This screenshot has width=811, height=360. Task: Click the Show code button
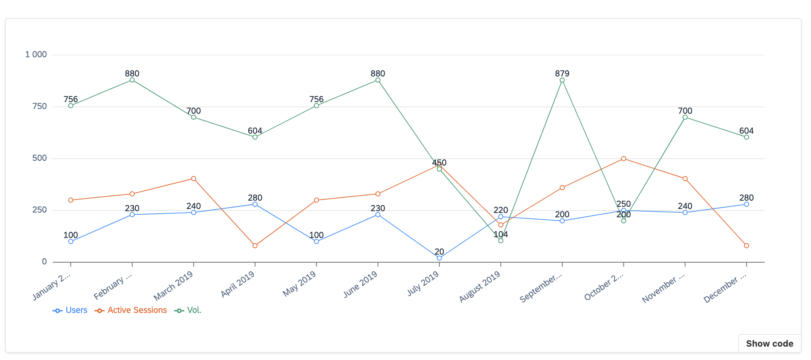tap(769, 343)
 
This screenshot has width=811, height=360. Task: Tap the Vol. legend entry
tap(188, 310)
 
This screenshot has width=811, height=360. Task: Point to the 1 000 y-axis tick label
tap(36, 54)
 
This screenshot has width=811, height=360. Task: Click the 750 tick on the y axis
tap(39, 106)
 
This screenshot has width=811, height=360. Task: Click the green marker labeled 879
tap(562, 80)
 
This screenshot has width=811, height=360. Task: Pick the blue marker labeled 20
tap(439, 258)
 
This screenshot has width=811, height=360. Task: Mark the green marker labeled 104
tap(501, 241)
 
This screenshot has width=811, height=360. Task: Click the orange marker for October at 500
tap(623, 159)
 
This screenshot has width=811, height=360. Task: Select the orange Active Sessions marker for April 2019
tap(255, 246)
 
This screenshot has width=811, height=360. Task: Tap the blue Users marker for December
tap(746, 204)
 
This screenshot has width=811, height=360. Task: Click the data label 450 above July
tap(439, 163)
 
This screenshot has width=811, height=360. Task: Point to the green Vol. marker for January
tap(71, 106)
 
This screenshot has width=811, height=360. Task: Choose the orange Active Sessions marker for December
tap(746, 246)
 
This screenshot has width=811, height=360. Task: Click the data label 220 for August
tap(501, 210)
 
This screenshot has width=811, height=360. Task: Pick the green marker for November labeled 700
tap(685, 117)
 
